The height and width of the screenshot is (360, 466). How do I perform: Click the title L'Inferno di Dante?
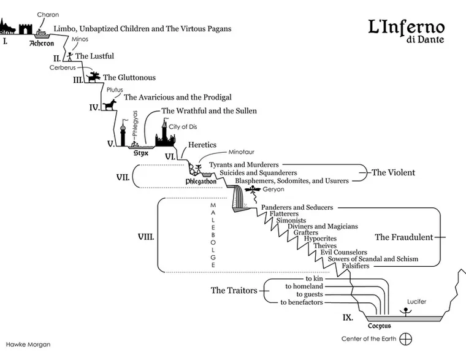pyautogui.click(x=406, y=31)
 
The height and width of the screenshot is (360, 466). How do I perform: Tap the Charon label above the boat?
pyautogui.click(x=48, y=14)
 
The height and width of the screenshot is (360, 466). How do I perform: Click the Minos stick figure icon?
pyautogui.click(x=71, y=55)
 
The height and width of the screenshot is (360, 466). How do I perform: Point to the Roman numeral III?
pyautogui.click(x=78, y=80)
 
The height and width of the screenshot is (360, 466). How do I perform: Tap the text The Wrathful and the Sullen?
pyautogui.click(x=208, y=111)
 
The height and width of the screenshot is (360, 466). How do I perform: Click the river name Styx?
pyautogui.click(x=141, y=153)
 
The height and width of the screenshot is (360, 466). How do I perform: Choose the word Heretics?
pyautogui.click(x=202, y=145)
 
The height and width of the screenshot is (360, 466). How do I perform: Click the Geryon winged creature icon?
pyautogui.click(x=252, y=190)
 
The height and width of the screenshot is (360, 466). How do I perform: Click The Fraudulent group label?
pyautogui.click(x=404, y=237)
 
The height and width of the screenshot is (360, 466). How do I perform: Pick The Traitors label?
pyautogui.click(x=234, y=290)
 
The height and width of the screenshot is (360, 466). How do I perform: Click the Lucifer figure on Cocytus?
pyautogui.click(x=404, y=312)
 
